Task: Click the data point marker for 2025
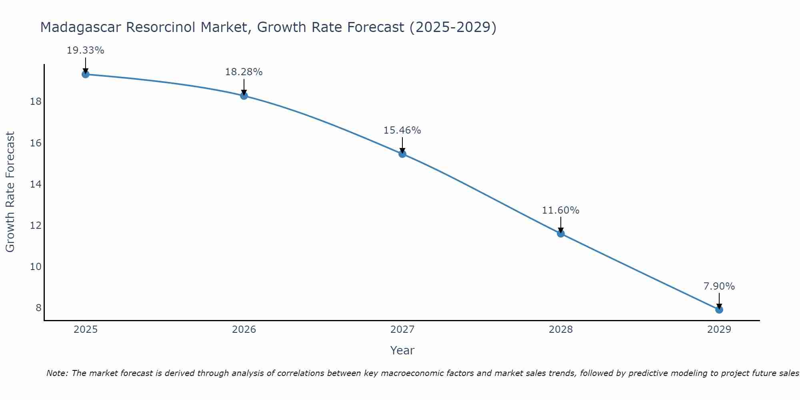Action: coord(85,74)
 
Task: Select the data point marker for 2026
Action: coord(244,96)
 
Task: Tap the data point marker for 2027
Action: coord(402,154)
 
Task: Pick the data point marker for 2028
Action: coord(561,233)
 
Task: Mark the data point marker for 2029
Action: coord(719,309)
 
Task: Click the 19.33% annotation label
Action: coord(85,50)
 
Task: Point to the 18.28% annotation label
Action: coord(244,72)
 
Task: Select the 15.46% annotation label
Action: coord(402,130)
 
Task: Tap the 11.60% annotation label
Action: coord(561,210)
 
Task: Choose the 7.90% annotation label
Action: coord(719,286)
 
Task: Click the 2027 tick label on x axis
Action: coord(402,330)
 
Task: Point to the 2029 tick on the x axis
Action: coord(719,330)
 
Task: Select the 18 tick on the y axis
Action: coord(36,102)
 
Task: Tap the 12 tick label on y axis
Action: coord(36,226)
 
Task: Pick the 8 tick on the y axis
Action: coord(38,308)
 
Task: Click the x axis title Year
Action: coord(402,350)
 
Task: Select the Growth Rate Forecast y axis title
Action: coord(10,192)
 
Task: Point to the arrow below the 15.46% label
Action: coord(402,145)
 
